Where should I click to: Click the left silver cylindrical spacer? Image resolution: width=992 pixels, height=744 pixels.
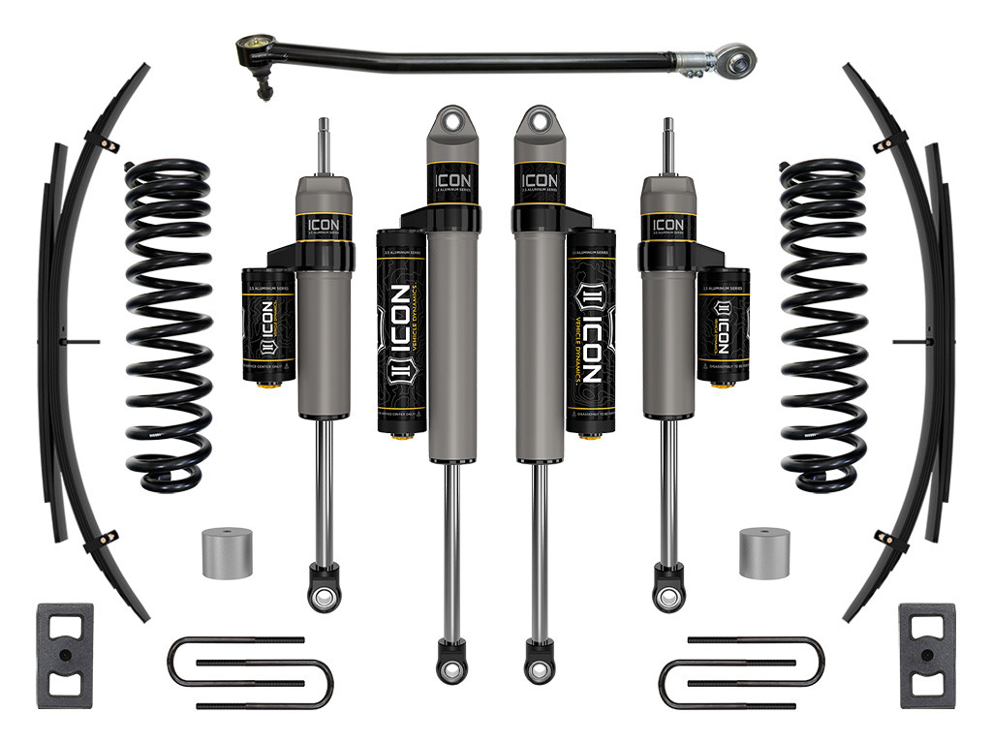tap(227, 553)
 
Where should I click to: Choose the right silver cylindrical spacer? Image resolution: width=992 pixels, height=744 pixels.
tap(763, 553)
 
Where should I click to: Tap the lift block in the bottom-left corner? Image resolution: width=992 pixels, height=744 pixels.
tap(66, 655)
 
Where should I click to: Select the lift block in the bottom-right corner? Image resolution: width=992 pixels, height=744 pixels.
tap(925, 655)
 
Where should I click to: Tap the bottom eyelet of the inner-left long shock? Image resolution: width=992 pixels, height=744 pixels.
tap(449, 670)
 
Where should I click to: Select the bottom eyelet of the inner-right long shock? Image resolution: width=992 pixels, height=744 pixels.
tap(539, 670)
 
